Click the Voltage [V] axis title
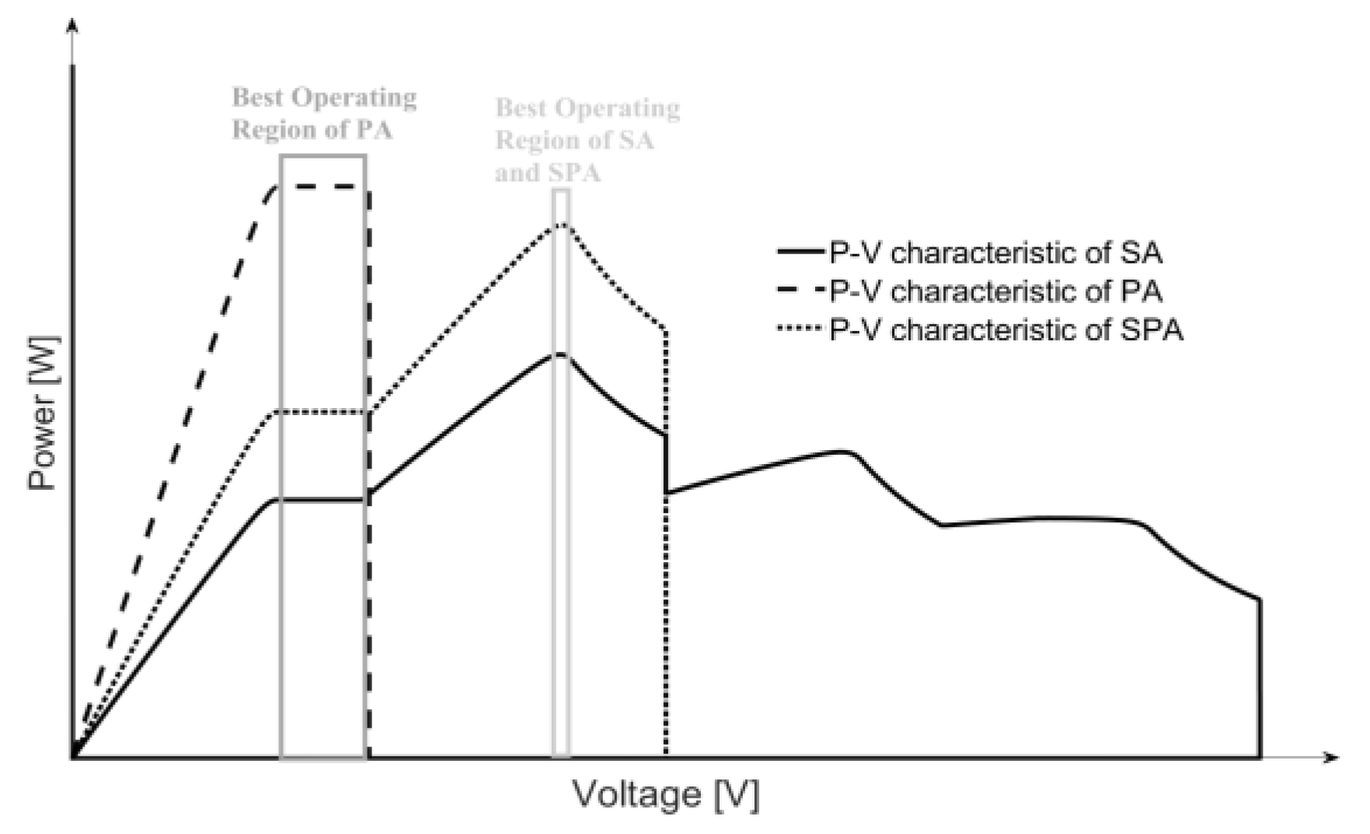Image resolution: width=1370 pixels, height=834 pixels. click(665, 794)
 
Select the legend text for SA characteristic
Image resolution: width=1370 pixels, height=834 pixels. click(995, 253)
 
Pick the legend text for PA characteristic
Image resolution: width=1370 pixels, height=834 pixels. click(995, 291)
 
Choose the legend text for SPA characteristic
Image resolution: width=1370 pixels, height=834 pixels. click(1006, 330)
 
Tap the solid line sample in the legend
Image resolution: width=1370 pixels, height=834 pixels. click(800, 252)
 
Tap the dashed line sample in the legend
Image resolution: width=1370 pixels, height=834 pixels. click(800, 291)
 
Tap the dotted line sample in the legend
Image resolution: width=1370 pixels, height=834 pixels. click(800, 330)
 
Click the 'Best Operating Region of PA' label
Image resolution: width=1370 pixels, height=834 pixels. click(324, 113)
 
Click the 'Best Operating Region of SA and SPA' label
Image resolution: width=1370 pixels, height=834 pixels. click(587, 140)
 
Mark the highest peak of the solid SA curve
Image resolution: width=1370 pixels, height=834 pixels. click(560, 354)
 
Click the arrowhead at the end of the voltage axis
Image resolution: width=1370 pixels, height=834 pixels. click(1332, 756)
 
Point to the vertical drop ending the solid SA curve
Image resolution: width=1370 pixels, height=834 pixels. click(1259, 676)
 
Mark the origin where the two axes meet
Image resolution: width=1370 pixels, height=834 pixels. click(72, 756)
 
